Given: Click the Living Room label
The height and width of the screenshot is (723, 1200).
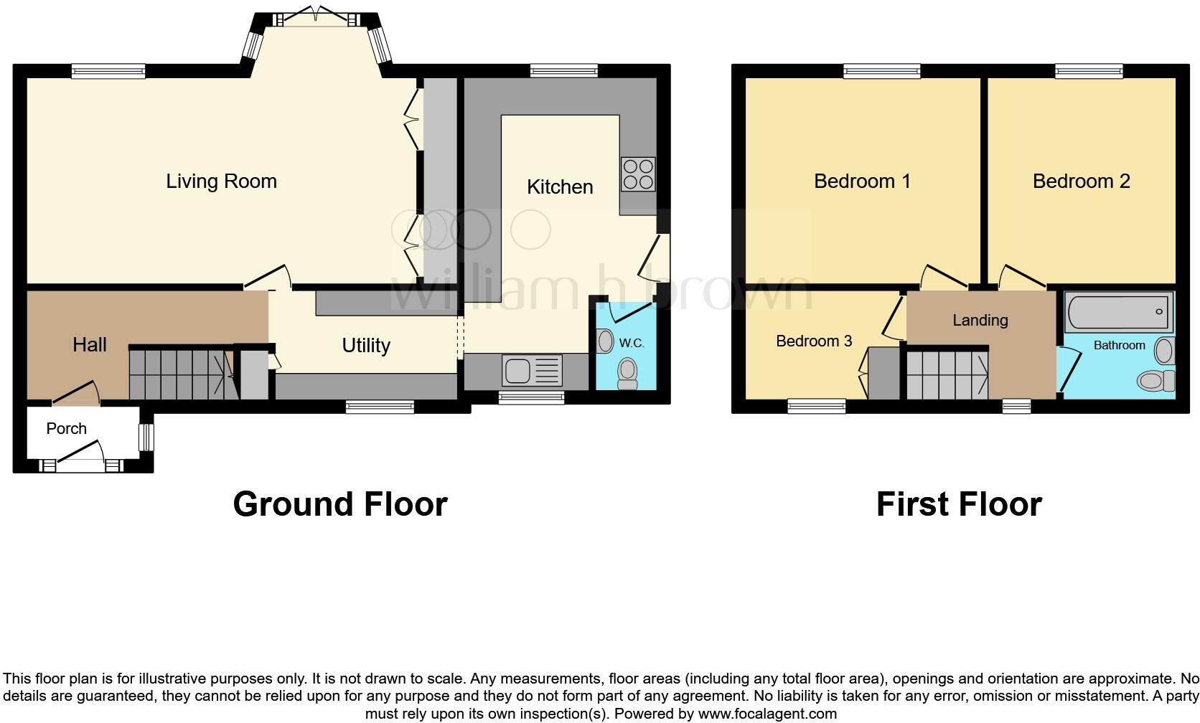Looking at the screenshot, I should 221,181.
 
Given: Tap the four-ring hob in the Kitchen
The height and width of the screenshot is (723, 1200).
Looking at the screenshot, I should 638,174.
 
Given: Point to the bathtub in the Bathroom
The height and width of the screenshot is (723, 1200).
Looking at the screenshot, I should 1118,312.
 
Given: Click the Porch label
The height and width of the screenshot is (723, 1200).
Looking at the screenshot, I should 66,429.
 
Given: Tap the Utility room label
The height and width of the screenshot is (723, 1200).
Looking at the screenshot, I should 366,346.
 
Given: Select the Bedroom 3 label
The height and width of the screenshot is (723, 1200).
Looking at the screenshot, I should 814,341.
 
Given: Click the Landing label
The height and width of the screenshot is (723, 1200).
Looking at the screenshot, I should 980,321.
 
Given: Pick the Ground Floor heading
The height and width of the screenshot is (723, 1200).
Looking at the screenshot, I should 340,504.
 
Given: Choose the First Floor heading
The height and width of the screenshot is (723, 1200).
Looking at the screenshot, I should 959,504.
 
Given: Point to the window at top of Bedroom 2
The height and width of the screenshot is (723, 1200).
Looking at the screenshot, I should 1089,70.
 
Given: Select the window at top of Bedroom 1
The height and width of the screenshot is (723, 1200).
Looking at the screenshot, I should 881,70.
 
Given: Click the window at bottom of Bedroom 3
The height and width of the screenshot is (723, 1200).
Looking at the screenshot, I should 817,407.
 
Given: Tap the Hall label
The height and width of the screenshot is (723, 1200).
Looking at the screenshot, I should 90,345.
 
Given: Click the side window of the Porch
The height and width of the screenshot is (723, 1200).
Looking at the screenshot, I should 146,437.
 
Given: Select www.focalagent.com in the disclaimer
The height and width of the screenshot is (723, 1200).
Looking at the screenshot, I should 767,714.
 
